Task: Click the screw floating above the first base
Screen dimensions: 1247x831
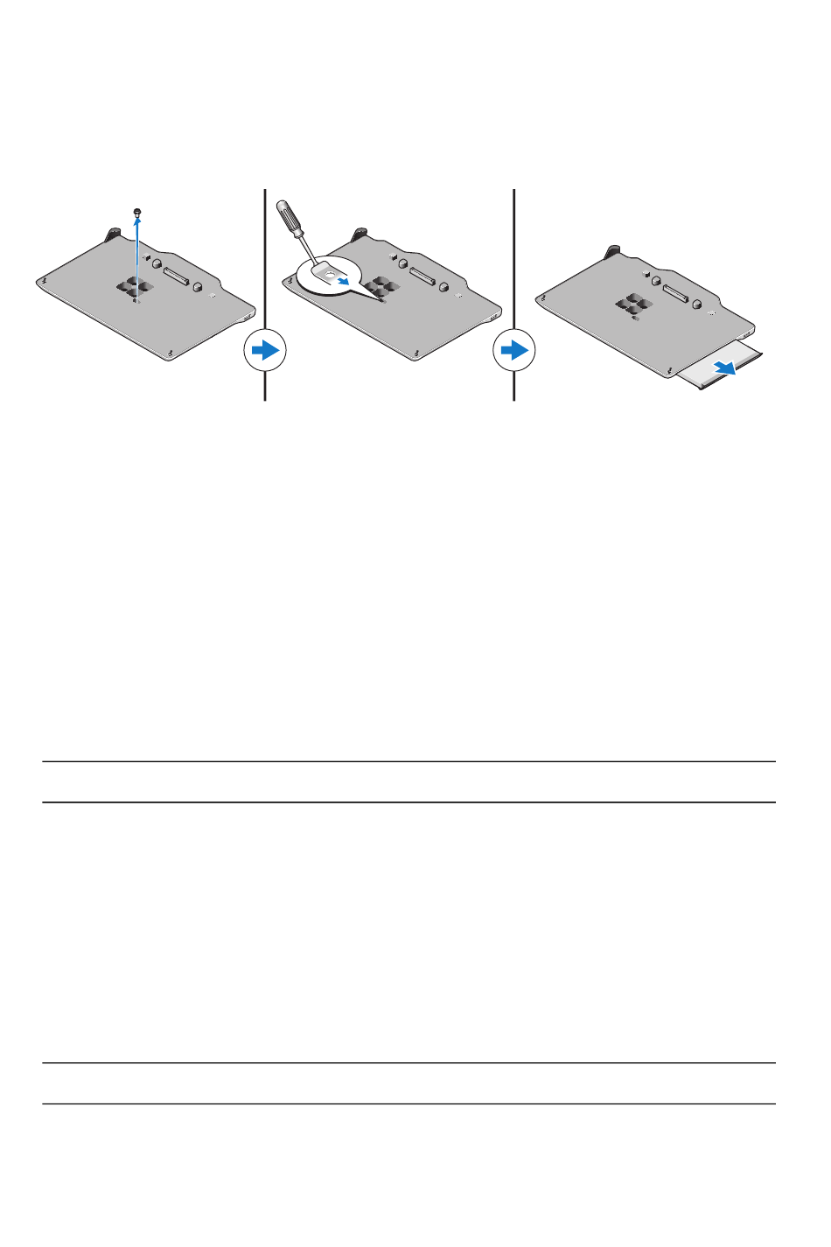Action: coord(136,212)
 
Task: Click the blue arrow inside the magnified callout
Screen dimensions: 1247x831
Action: coord(348,282)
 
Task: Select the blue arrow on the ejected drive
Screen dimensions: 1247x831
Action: coord(722,367)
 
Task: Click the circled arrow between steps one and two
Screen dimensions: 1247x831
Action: coord(264,350)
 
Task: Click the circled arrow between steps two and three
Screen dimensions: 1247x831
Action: coord(513,350)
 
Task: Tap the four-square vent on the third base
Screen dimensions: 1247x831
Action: coord(633,305)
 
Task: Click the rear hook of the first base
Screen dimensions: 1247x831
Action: coord(113,235)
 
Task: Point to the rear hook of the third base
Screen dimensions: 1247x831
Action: coord(612,253)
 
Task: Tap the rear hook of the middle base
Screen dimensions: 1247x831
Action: coord(360,235)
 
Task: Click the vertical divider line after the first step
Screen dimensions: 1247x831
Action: coord(264,263)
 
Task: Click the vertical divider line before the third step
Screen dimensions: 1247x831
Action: coord(513,263)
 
